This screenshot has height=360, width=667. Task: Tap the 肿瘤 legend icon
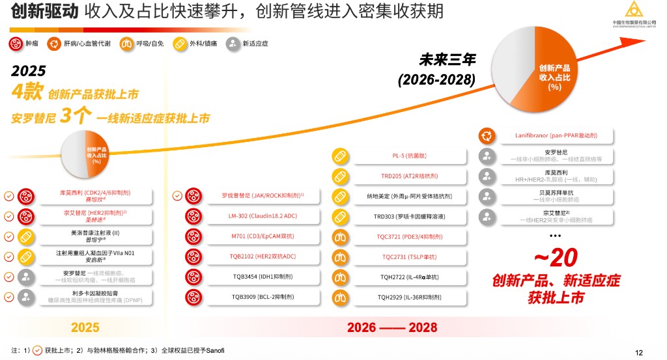coord(15,44)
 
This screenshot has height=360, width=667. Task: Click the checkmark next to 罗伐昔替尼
coord(177,195)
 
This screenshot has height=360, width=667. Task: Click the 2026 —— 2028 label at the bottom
coord(391,326)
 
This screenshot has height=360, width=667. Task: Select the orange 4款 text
coord(27,92)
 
